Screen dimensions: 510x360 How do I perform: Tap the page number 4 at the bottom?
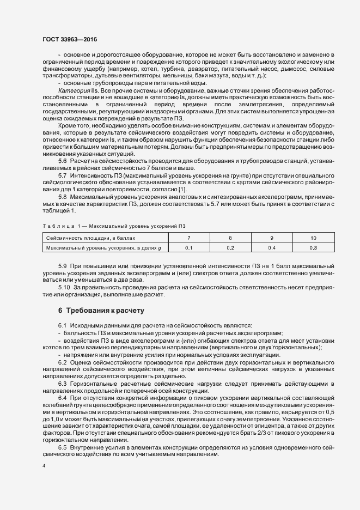44,466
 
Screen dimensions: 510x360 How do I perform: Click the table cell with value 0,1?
189,248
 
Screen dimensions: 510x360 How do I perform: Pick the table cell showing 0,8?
313,248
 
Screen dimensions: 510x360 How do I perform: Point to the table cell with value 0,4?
272,248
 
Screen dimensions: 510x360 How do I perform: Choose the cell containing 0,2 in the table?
230,248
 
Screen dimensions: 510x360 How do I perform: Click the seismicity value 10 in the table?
313,238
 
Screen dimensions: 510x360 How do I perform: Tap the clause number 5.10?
65,286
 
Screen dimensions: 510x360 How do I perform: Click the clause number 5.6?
63,161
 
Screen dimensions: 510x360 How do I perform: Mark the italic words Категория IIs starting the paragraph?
76,89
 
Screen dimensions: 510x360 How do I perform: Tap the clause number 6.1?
63,325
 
